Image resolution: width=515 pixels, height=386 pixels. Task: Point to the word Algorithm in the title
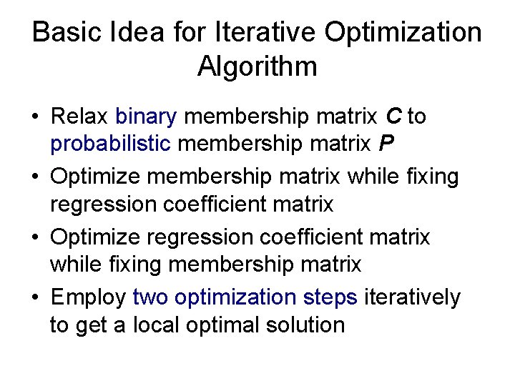(x=257, y=67)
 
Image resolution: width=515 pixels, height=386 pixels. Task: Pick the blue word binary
(x=146, y=117)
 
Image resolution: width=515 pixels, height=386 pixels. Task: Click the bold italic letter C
(x=393, y=117)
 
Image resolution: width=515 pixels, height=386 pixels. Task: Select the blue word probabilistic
(x=110, y=145)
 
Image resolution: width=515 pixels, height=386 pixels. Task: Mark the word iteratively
(x=413, y=296)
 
